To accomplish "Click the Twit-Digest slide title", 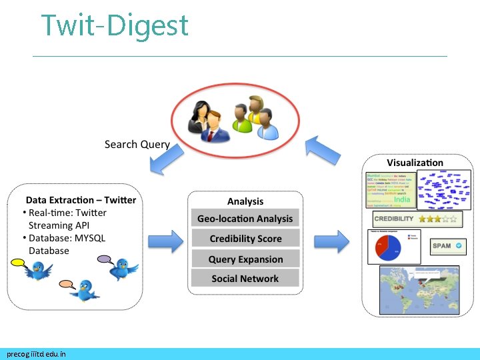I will (115, 26).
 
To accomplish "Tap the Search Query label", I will (137, 145).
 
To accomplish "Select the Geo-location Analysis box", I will (245, 219).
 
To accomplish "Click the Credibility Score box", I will (245, 239).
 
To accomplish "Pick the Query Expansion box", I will (245, 259).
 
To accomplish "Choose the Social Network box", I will (245, 279).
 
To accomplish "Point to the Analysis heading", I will (245, 201).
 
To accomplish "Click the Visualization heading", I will (415, 163).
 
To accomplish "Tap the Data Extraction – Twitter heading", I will (81, 200).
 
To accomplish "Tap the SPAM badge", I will (444, 246).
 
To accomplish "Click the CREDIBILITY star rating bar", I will (415, 219).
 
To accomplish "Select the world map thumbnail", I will (419, 289).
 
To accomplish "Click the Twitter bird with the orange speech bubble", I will (83, 289).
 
